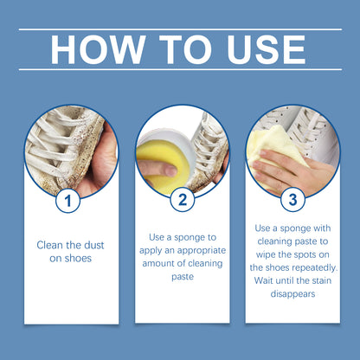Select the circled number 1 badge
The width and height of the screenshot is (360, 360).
pos(68,202)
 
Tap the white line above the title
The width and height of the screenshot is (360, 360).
pos(179,29)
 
